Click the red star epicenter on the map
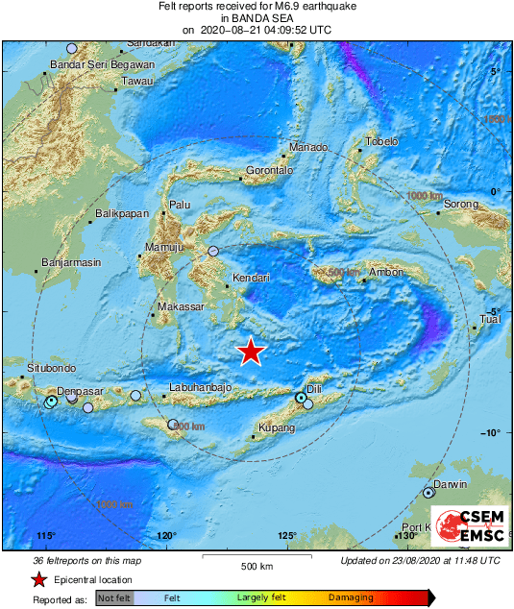click(x=251, y=353)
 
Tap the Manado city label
click(x=308, y=148)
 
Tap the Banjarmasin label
click(x=72, y=262)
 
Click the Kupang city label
click(x=276, y=428)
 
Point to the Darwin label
click(x=450, y=485)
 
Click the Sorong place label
click(x=459, y=205)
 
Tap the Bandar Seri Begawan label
click(x=102, y=65)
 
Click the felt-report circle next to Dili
click(x=301, y=397)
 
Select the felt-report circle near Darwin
click(x=428, y=493)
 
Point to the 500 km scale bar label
click(x=257, y=564)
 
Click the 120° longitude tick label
click(x=166, y=535)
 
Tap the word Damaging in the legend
click(x=351, y=597)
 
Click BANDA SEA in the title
click(x=257, y=18)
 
